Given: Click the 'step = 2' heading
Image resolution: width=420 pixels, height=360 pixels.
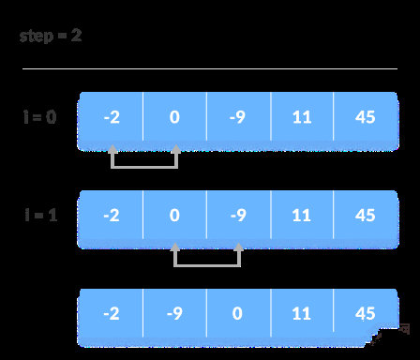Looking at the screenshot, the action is (x=51, y=37).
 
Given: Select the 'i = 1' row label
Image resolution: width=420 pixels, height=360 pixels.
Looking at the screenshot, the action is (x=39, y=215).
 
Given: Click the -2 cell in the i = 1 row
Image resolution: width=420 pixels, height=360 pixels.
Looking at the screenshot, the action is (x=112, y=215).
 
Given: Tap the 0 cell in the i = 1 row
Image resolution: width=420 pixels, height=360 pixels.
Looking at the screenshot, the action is (x=174, y=215).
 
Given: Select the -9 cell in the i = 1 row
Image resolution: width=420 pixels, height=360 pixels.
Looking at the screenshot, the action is (x=238, y=215).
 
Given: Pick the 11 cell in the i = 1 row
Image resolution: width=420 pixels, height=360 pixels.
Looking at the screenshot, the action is (x=301, y=215).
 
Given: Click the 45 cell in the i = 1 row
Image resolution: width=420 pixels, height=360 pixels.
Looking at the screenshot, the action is (x=365, y=215).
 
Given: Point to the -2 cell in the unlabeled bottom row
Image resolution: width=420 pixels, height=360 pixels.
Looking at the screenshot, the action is (x=112, y=313).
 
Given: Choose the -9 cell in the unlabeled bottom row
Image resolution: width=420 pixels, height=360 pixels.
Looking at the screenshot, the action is (x=174, y=313).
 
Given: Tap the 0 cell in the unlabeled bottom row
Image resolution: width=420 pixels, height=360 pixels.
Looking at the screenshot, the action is (x=238, y=313).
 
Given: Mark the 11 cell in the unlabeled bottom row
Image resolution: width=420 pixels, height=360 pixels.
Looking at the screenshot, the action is (x=301, y=313).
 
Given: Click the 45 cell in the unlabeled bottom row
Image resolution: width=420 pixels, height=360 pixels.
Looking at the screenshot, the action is (x=365, y=313).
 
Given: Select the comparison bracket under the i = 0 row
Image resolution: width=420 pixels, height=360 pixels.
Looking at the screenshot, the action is (x=143, y=166).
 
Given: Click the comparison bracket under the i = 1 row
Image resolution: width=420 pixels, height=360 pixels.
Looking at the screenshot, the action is (x=206, y=264).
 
